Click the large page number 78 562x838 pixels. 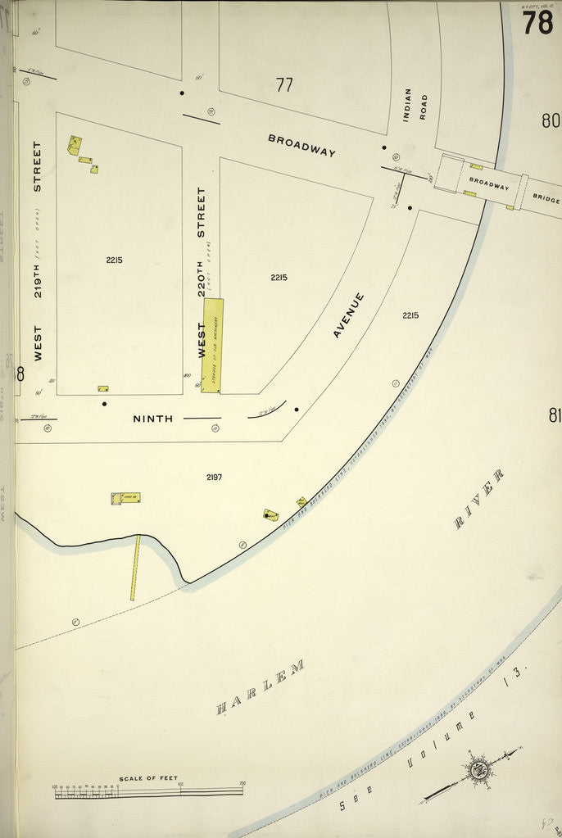[x=537, y=22]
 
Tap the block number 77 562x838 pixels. [x=284, y=84]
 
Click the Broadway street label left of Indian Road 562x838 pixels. [x=301, y=145]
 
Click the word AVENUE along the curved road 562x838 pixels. [x=348, y=315]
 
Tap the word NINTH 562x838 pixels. [x=153, y=419]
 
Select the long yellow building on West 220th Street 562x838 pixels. [x=212, y=345]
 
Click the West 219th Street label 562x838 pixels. [x=37, y=251]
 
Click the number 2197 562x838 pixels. [x=215, y=477]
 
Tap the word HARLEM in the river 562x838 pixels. [x=261, y=687]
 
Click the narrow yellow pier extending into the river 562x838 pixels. [x=135, y=567]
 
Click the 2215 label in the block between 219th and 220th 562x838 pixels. [x=114, y=260]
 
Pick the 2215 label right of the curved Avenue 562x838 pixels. [x=410, y=315]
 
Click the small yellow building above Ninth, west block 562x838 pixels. [x=102, y=388]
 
